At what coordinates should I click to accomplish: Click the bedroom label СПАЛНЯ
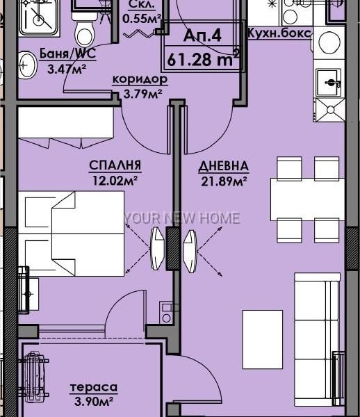point(115,165)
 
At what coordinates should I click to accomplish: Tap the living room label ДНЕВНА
point(224,166)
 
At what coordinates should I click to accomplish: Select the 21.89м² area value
point(224,181)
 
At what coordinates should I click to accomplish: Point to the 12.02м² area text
point(115,181)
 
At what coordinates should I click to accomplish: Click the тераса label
point(94,387)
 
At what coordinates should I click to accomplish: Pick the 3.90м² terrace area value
point(94,401)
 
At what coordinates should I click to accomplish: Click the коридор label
point(140,79)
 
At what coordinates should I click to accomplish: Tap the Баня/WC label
point(67,54)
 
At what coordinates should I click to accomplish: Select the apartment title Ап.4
point(202,35)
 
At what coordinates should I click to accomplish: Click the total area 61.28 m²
point(203,58)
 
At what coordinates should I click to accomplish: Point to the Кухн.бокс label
point(279,33)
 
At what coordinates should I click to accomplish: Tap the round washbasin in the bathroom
point(27,65)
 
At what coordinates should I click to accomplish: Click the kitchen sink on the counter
point(329,82)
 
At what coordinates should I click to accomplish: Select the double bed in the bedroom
point(72,234)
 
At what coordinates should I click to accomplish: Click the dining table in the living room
point(308,199)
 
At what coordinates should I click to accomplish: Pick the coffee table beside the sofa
point(263,339)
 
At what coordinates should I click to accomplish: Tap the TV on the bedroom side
point(157,249)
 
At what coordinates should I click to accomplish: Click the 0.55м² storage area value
point(142,18)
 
